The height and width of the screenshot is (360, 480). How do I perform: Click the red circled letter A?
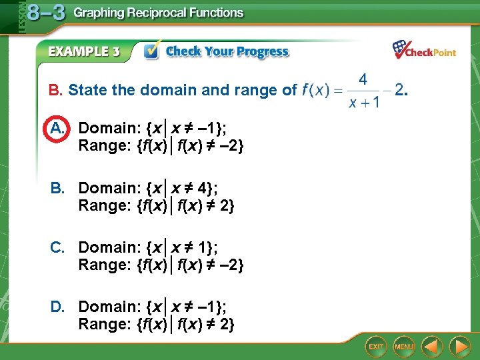pos(57,128)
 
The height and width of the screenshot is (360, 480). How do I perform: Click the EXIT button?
pos(376,346)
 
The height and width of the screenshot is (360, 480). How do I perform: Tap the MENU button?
pos(403,346)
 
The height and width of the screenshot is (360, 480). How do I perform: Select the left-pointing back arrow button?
pos(433,346)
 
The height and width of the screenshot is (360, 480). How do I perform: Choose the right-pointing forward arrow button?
pos(459,346)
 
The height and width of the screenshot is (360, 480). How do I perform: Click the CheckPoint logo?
pos(424,50)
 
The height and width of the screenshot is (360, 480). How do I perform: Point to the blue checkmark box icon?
pos(151,51)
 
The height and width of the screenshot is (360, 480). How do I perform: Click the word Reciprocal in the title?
pos(154,13)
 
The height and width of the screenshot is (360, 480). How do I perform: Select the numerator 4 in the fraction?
pos(363,79)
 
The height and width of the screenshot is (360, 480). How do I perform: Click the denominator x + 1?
pos(363,102)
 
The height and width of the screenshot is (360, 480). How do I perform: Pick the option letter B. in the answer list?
pos(58,188)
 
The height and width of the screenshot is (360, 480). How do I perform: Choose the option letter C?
pos(58,247)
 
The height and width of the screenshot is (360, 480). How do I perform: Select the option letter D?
pos(58,307)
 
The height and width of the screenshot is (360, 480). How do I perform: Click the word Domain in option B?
pos(109,188)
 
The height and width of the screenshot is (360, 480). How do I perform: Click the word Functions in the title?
pos(215,13)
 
